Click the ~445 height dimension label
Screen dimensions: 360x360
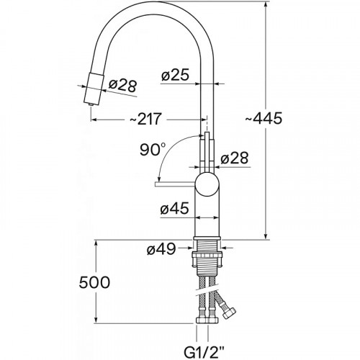pos(264,118)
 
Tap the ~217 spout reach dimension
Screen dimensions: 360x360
pos(145,119)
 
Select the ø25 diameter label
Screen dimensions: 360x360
pos(176,76)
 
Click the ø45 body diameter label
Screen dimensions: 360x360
pos(174,208)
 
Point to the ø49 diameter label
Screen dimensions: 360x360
pos(161,250)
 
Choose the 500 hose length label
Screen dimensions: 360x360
pos(94,282)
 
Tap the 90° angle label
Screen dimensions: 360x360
pos(153,149)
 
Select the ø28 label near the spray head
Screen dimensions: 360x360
pos(122,85)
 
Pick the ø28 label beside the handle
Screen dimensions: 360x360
pos(235,158)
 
